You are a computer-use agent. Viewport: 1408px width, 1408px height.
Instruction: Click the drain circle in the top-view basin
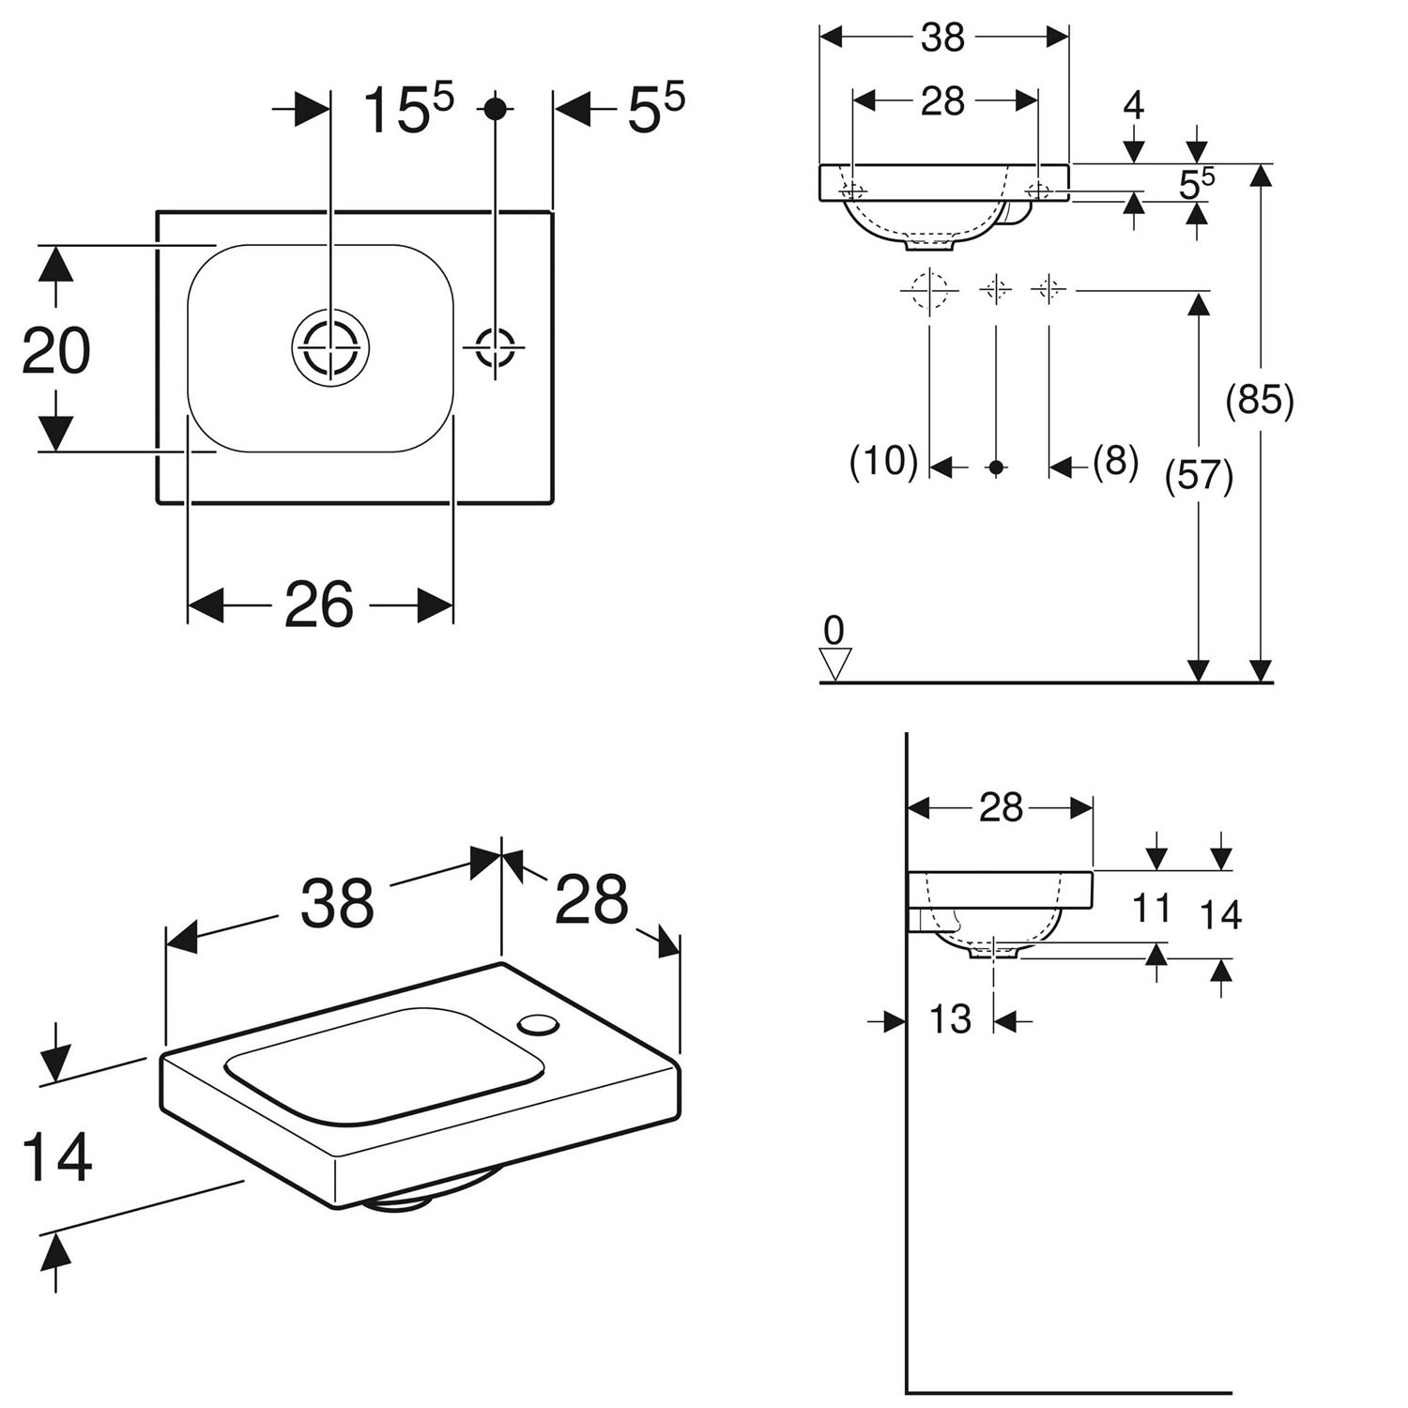(329, 347)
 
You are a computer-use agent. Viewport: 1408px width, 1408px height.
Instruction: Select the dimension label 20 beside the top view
(56, 350)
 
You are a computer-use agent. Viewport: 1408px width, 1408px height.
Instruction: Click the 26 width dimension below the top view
(319, 605)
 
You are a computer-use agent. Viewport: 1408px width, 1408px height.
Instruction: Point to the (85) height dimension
(1260, 400)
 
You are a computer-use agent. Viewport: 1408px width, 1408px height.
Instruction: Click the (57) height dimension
(1198, 476)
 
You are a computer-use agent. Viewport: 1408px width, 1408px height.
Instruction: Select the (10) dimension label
(883, 461)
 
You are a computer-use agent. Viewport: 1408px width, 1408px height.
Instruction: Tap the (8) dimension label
(1115, 461)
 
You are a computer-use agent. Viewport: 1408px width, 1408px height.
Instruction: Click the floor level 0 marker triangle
(834, 665)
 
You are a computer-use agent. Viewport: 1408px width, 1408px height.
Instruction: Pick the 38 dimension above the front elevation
(942, 38)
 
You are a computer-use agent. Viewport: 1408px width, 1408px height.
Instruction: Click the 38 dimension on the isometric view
(337, 903)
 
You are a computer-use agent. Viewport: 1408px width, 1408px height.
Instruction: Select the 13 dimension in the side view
(950, 1018)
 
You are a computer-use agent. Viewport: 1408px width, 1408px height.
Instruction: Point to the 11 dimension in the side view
(1152, 909)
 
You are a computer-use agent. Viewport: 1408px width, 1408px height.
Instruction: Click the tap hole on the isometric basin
(539, 1024)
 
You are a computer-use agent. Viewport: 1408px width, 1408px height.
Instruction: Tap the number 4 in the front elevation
(1134, 105)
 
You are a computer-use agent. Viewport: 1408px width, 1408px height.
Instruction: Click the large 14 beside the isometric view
(56, 1157)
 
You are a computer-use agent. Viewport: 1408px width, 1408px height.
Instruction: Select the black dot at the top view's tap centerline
(496, 108)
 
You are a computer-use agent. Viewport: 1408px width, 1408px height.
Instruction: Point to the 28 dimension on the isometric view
(591, 898)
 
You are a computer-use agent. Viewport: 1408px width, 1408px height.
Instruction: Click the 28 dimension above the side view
(1001, 807)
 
